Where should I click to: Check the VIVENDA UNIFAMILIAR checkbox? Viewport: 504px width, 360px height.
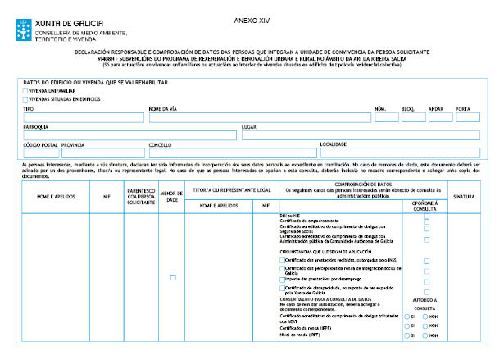tap(25, 91)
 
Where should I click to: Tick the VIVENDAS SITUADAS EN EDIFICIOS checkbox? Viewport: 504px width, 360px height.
tap(25, 98)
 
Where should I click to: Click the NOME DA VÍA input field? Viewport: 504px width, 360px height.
tap(258, 117)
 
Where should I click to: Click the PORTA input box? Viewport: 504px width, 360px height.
tap(467, 117)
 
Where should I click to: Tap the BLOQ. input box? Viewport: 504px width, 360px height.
tap(413, 117)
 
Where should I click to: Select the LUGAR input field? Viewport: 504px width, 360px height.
tap(360, 135)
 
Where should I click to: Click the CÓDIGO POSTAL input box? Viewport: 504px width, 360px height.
tap(40, 153)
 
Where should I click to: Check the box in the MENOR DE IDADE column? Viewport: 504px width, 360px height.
tap(173, 278)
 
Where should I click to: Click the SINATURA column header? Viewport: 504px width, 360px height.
tap(464, 198)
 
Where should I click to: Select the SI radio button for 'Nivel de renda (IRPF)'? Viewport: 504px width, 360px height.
tap(407, 335)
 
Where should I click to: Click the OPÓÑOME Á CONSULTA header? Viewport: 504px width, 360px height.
tap(425, 204)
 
